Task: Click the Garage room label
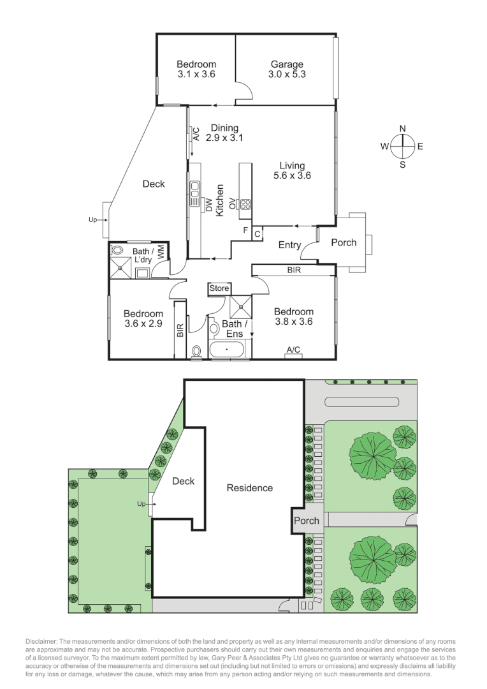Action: (x=286, y=64)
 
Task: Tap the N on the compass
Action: (x=402, y=129)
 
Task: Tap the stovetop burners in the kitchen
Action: (x=245, y=205)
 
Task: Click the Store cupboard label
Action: (x=219, y=289)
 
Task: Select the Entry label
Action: (x=290, y=245)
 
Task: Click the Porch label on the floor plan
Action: (x=344, y=242)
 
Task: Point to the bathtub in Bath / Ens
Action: (x=226, y=350)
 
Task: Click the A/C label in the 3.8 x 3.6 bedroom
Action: (x=293, y=350)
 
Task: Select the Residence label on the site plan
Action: (x=250, y=488)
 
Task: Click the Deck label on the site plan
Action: (x=183, y=481)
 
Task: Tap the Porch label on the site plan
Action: (x=306, y=521)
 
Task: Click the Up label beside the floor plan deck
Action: (x=92, y=220)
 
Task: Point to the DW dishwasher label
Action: (x=208, y=205)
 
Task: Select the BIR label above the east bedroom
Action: (x=293, y=270)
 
